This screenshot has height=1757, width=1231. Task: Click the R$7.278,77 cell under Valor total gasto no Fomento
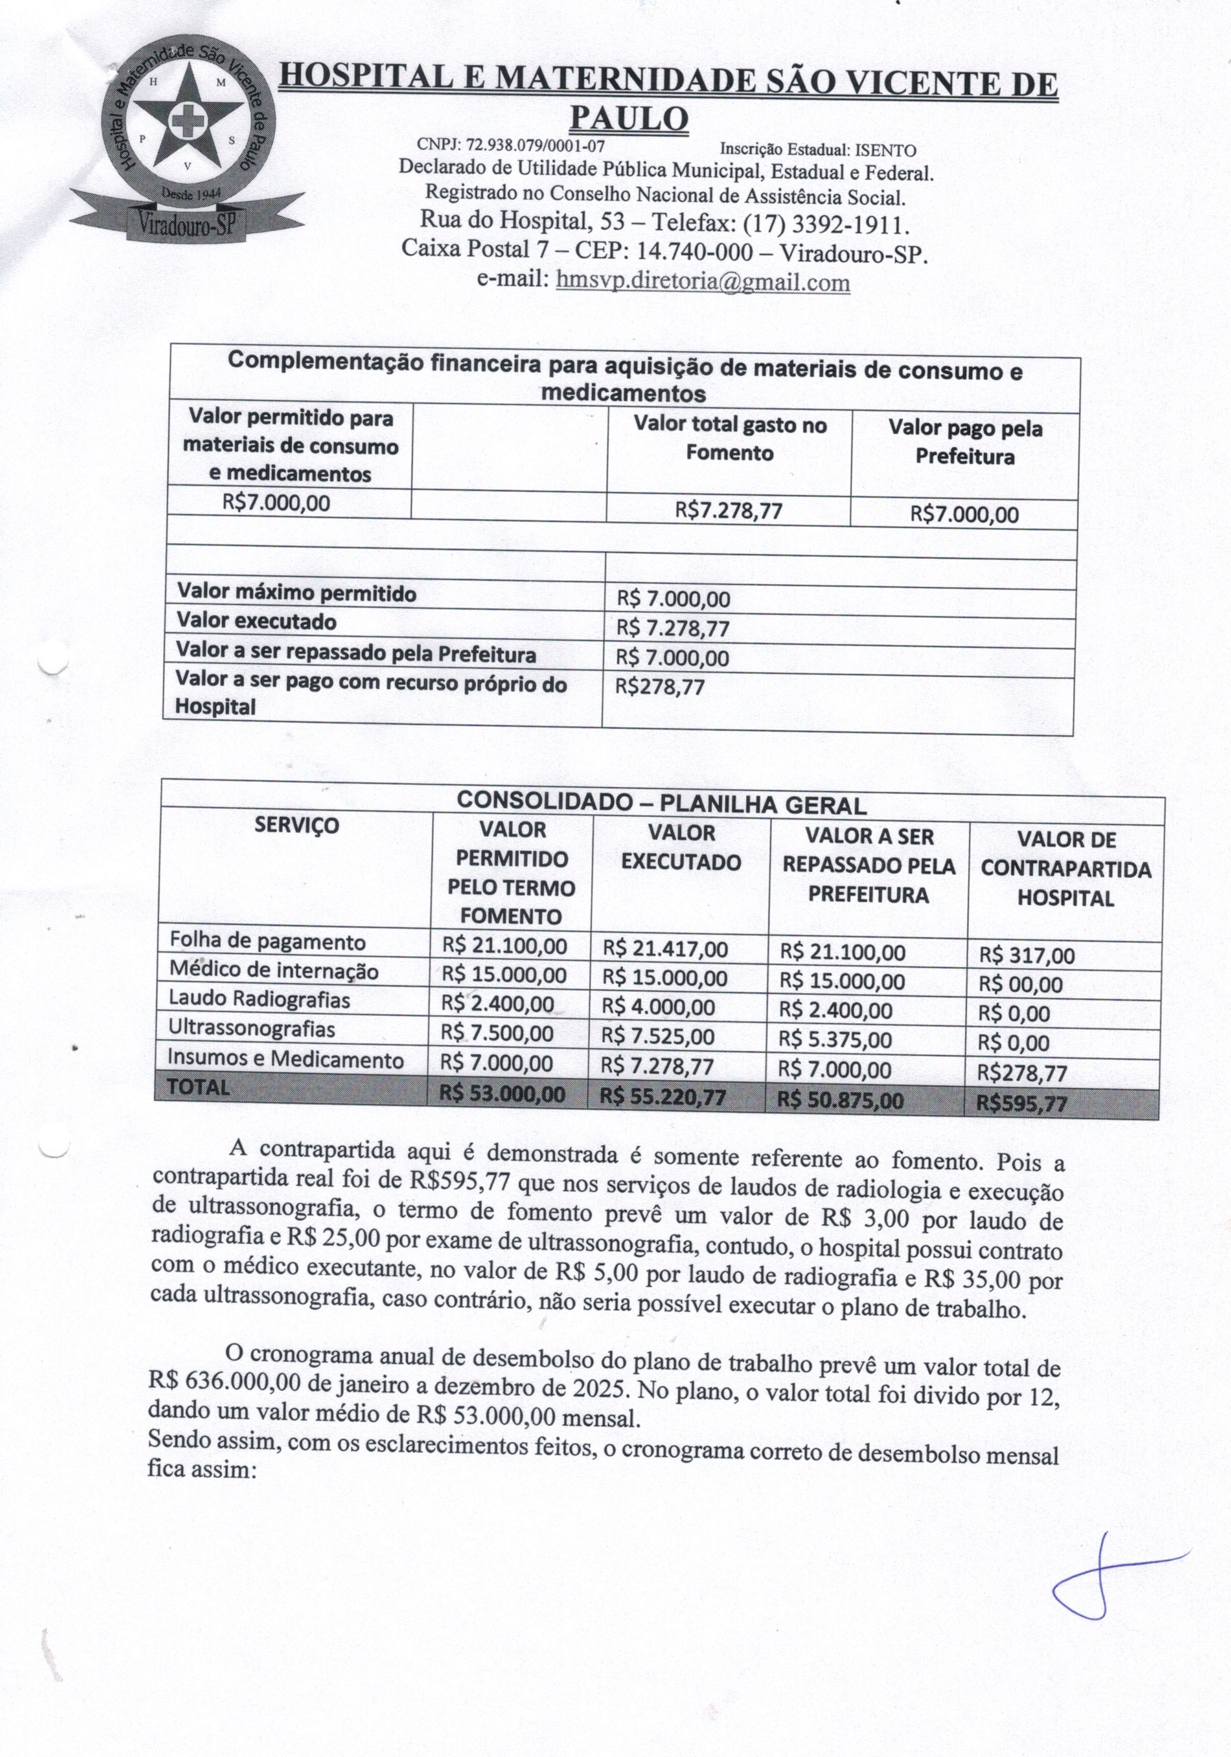click(728, 510)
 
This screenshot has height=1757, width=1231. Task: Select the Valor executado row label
click(257, 621)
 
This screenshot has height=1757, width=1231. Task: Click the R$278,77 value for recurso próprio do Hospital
click(660, 687)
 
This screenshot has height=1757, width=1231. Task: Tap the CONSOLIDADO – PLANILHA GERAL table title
click(661, 804)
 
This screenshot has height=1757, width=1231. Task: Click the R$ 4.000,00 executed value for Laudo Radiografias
click(658, 1008)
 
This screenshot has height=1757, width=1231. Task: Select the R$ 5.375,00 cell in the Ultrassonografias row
click(835, 1040)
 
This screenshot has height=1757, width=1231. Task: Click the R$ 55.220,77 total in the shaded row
click(663, 1098)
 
